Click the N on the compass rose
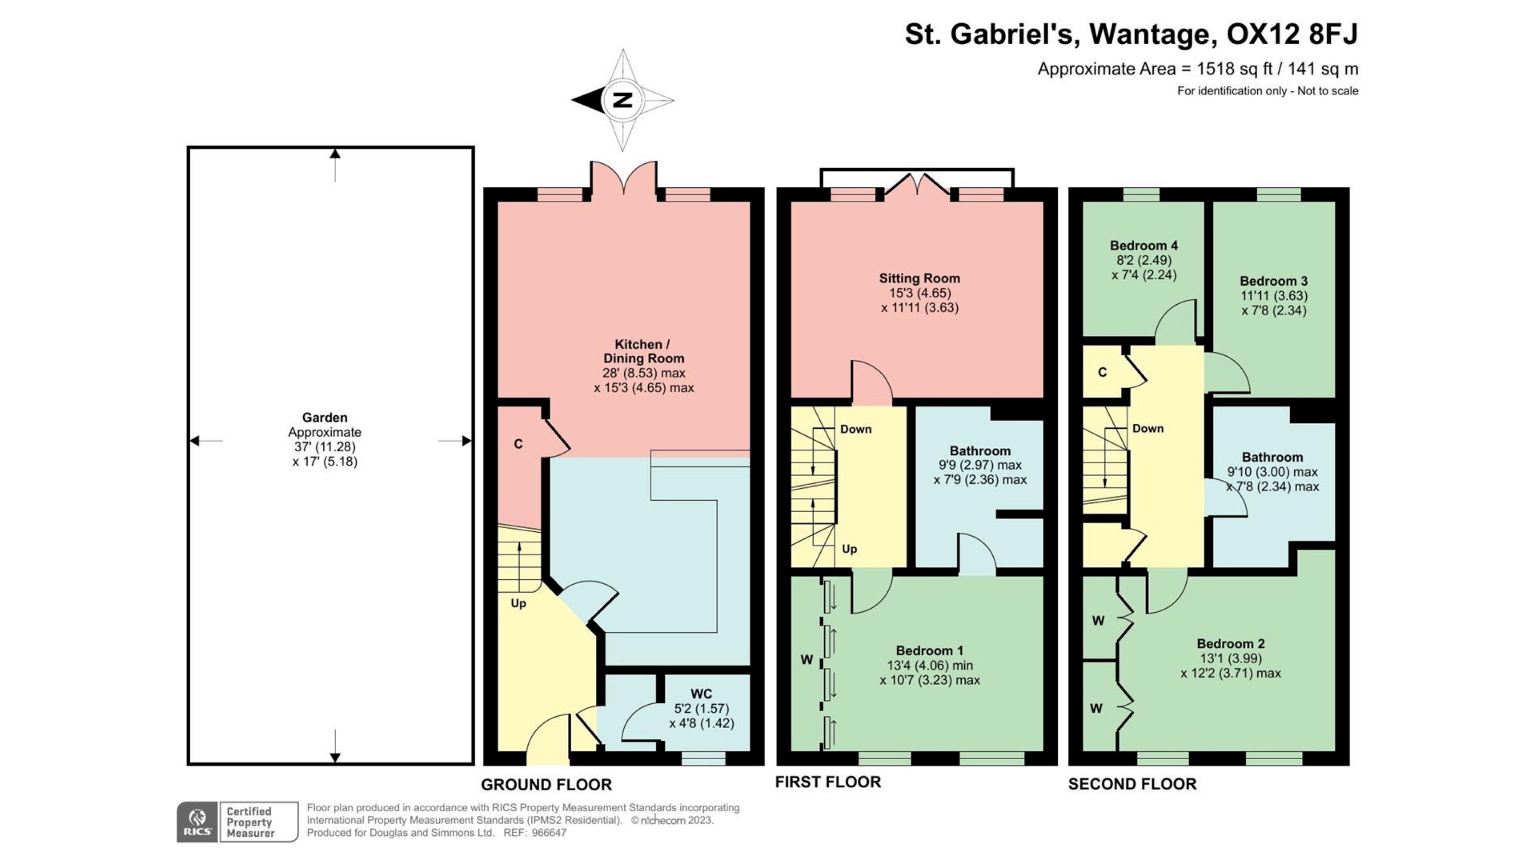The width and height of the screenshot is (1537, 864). [623, 100]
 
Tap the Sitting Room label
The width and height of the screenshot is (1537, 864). [919, 278]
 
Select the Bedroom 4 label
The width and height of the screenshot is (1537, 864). [1143, 245]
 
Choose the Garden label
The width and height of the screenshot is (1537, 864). [324, 417]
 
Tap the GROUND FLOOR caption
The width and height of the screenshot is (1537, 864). [546, 785]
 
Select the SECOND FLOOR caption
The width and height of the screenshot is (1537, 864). [1132, 784]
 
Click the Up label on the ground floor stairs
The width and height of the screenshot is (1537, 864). [519, 603]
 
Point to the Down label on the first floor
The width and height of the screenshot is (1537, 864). [855, 429]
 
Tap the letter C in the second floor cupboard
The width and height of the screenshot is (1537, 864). [1102, 372]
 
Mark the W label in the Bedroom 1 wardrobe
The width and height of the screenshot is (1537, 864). [806, 660]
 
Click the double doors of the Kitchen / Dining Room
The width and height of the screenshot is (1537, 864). [624, 179]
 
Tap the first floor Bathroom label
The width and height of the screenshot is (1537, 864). [980, 451]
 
